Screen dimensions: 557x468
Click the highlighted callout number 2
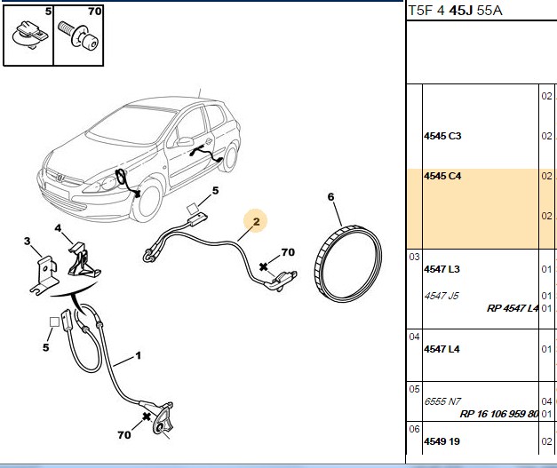click(257, 222)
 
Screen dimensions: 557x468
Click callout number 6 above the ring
click(330, 197)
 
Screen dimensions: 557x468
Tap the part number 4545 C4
click(442, 176)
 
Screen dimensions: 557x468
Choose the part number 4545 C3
click(442, 136)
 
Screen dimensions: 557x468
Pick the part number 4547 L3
click(442, 269)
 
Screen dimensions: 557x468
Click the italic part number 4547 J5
click(442, 296)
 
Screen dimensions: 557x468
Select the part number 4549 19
click(442, 441)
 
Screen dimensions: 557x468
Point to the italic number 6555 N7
click(442, 401)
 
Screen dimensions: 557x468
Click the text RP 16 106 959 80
click(499, 414)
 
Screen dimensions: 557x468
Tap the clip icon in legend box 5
click(30, 35)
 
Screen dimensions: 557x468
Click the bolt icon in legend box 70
click(78, 35)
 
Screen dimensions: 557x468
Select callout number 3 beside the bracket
click(28, 242)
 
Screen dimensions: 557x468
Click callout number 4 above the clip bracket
click(58, 228)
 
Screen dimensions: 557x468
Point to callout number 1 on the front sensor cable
click(139, 355)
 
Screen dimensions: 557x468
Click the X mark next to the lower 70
click(147, 416)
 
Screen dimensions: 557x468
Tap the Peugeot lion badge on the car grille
click(60, 178)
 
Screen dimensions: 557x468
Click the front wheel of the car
click(147, 201)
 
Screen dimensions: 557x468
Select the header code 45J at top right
click(461, 11)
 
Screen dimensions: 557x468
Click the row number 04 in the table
click(414, 337)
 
